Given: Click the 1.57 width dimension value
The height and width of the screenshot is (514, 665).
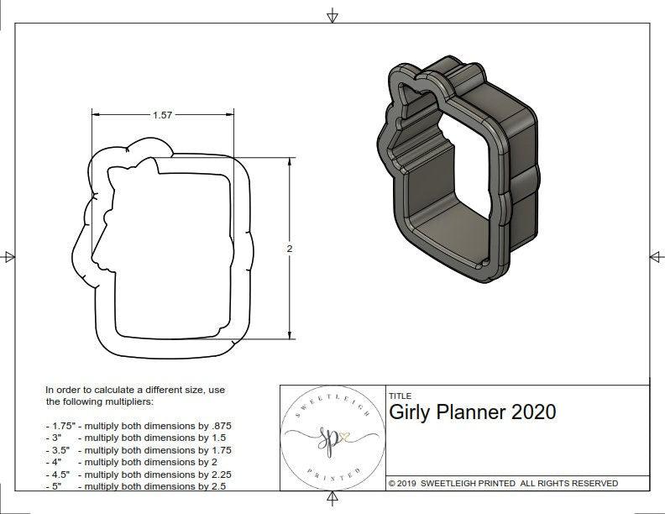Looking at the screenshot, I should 163,116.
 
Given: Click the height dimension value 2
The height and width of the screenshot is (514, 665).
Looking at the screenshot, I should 290,249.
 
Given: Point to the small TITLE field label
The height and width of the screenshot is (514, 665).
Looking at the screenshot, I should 400,396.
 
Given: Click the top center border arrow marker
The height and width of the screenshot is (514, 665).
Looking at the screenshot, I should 332,15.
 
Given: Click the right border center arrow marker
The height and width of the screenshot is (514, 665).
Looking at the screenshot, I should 656,256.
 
